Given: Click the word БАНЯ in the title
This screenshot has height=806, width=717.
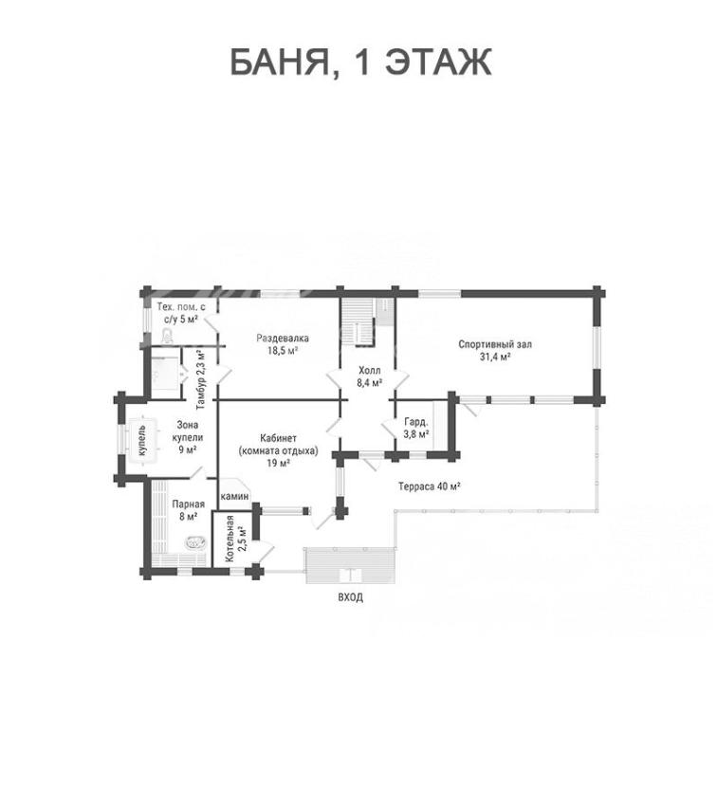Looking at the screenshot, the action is coord(281,63).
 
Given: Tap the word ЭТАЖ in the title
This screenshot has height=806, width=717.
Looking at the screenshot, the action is coord(438,62).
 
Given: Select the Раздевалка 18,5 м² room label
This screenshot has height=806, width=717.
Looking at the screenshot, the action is coord(283,344).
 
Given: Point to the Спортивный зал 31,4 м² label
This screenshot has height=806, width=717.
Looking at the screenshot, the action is coord(495,350).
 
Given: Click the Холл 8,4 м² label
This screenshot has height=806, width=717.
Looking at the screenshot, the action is coord(370,376).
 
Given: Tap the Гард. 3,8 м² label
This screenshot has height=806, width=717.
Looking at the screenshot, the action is coord(416,429).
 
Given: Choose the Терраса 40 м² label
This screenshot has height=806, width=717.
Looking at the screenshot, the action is coord(430,485).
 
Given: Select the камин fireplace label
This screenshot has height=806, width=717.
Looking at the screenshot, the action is coord(235,497).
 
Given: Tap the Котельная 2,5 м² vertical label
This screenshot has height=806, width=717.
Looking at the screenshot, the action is coord(235,538).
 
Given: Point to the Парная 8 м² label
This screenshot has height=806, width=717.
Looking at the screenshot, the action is coord(188,510).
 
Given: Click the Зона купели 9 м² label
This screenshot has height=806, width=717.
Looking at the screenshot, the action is coord(187,437).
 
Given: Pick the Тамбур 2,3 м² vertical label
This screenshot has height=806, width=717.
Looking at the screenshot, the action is coord(201,379).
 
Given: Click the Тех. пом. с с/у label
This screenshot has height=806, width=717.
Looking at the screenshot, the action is coord(181,313).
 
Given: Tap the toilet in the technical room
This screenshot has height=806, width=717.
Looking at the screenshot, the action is coord(168,338).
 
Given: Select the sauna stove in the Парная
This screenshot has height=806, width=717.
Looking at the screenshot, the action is coord(195,542).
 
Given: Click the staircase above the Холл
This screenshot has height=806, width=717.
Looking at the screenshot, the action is coord(358,322).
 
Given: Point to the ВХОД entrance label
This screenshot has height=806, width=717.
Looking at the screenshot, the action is coord(351,597).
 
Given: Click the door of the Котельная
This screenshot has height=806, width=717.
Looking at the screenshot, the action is coord(267,553).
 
